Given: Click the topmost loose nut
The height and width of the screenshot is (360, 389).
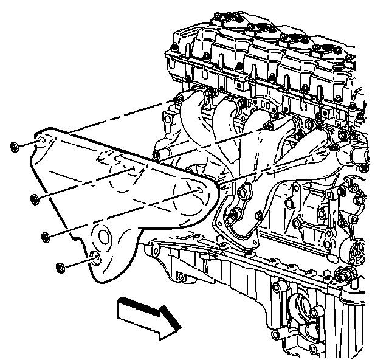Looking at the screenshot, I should pyautogui.click(x=14, y=147).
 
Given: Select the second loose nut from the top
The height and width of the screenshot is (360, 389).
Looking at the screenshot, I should pyautogui.click(x=34, y=199).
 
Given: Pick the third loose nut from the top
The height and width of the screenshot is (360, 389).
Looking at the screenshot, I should pyautogui.click(x=46, y=237).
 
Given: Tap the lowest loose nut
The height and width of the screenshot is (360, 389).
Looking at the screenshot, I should pyautogui.click(x=60, y=267).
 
